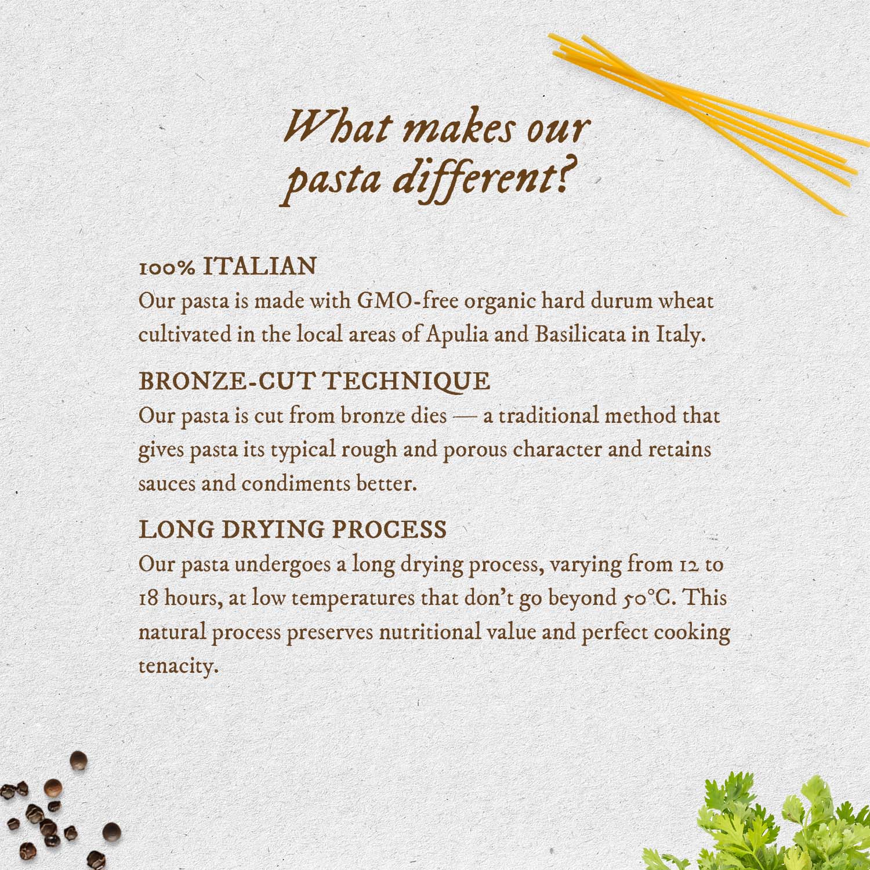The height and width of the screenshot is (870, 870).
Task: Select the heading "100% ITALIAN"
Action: [228, 267]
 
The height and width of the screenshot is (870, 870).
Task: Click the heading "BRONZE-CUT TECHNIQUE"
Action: [314, 382]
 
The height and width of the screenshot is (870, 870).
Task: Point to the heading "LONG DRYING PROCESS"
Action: [293, 530]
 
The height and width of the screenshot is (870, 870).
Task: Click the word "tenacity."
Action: [179, 666]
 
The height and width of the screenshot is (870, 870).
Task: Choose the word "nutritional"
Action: [430, 632]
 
